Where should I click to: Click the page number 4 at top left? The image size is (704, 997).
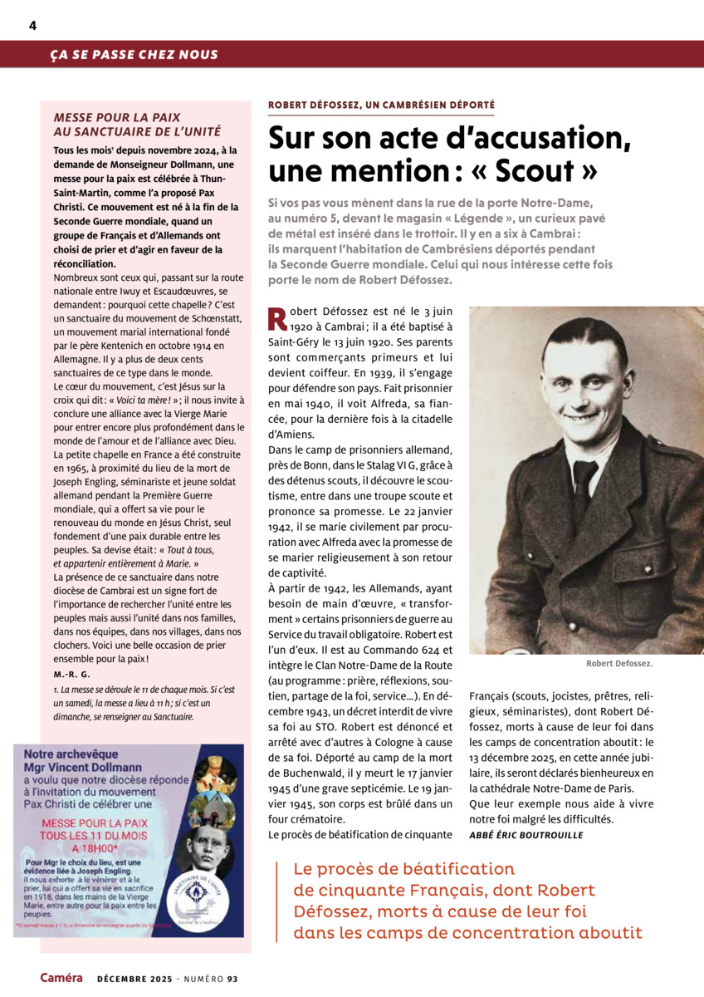(32, 25)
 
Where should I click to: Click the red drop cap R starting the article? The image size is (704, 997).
(278, 318)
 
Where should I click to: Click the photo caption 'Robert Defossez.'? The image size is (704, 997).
(618, 664)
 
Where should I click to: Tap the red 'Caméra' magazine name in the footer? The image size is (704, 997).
(61, 978)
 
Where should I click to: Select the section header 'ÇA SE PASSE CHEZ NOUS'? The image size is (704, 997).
(134, 55)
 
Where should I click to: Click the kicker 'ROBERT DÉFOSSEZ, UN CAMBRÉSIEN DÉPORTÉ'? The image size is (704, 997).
(381, 106)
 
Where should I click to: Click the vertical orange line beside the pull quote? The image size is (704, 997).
(276, 901)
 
